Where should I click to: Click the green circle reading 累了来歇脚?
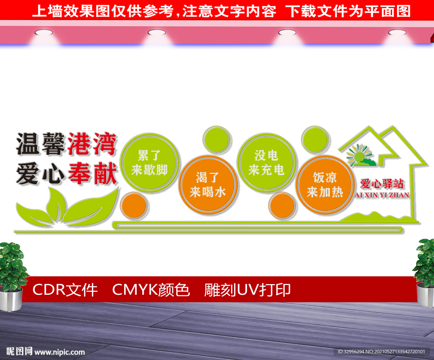pyautogui.click(x=149, y=163)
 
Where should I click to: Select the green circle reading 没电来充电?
pyautogui.click(x=266, y=163)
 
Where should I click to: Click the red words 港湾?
pyautogui.click(x=92, y=143)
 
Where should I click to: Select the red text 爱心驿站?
pyautogui.click(x=381, y=184)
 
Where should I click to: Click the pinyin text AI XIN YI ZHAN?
pyautogui.click(x=381, y=195)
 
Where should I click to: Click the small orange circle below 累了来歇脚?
pyautogui.click(x=134, y=206)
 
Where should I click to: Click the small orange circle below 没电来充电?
pyautogui.click(x=282, y=206)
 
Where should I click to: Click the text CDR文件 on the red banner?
pyautogui.click(x=65, y=290)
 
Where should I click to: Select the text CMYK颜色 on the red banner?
pyautogui.click(x=151, y=290)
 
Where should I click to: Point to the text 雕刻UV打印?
pyautogui.click(x=248, y=290)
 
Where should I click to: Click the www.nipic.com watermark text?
pyautogui.click(x=59, y=352)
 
